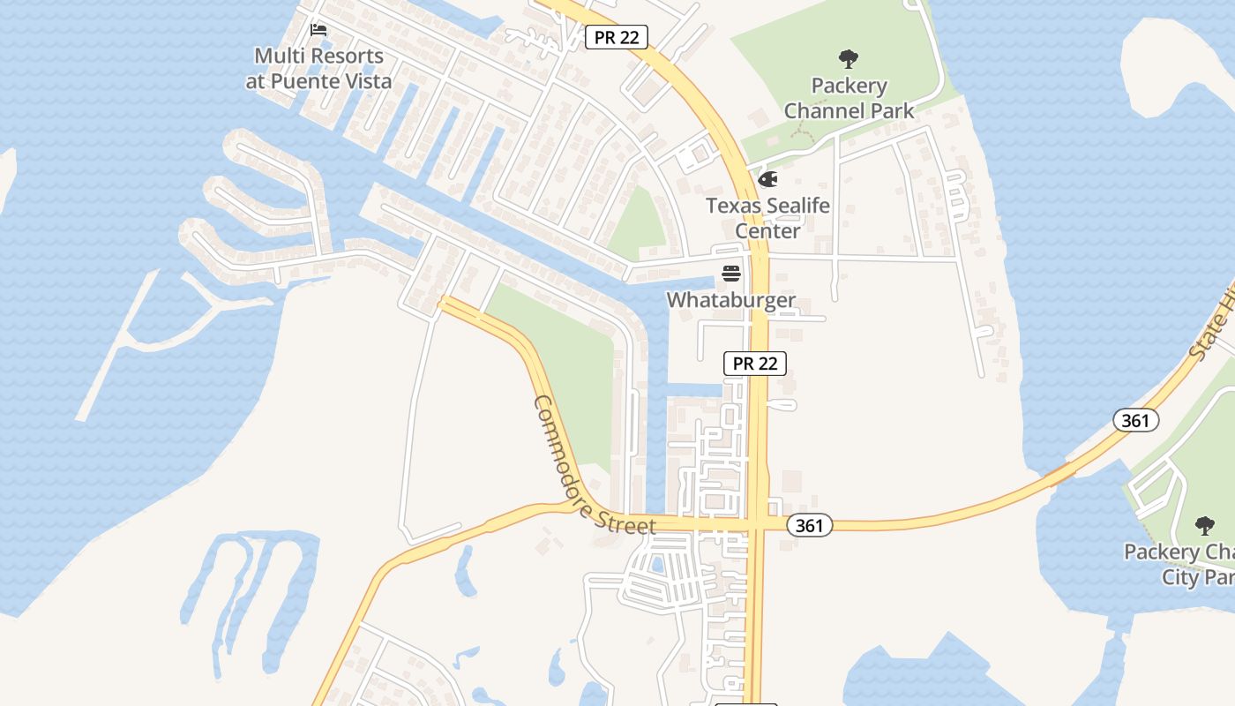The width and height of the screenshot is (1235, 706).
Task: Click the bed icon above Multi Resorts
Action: coord(318,30)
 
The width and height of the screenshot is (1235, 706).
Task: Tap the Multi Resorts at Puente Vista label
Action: coord(318,69)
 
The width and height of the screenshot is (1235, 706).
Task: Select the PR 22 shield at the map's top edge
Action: coord(617,37)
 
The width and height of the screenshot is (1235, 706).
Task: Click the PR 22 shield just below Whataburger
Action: coord(754,363)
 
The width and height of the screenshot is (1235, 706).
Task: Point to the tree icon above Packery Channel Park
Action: coord(849,60)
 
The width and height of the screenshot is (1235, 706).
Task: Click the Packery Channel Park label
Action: coord(849,98)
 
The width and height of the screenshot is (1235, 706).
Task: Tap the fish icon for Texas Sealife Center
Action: coord(767,180)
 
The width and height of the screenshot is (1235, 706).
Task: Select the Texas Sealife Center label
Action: coord(767,218)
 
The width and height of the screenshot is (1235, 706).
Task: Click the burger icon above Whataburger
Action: coord(730,274)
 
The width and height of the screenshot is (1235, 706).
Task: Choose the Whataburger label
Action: coord(730,300)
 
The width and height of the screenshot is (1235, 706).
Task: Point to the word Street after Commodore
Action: coord(624,522)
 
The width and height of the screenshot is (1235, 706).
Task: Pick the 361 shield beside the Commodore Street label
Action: coord(808,526)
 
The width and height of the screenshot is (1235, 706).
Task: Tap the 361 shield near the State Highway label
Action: coord(1135,420)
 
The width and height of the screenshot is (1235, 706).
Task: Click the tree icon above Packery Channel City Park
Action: coord(1204,526)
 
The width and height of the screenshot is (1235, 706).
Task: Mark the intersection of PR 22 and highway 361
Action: coord(757,524)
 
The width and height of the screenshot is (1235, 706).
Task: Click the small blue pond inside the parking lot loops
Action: coord(656,565)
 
